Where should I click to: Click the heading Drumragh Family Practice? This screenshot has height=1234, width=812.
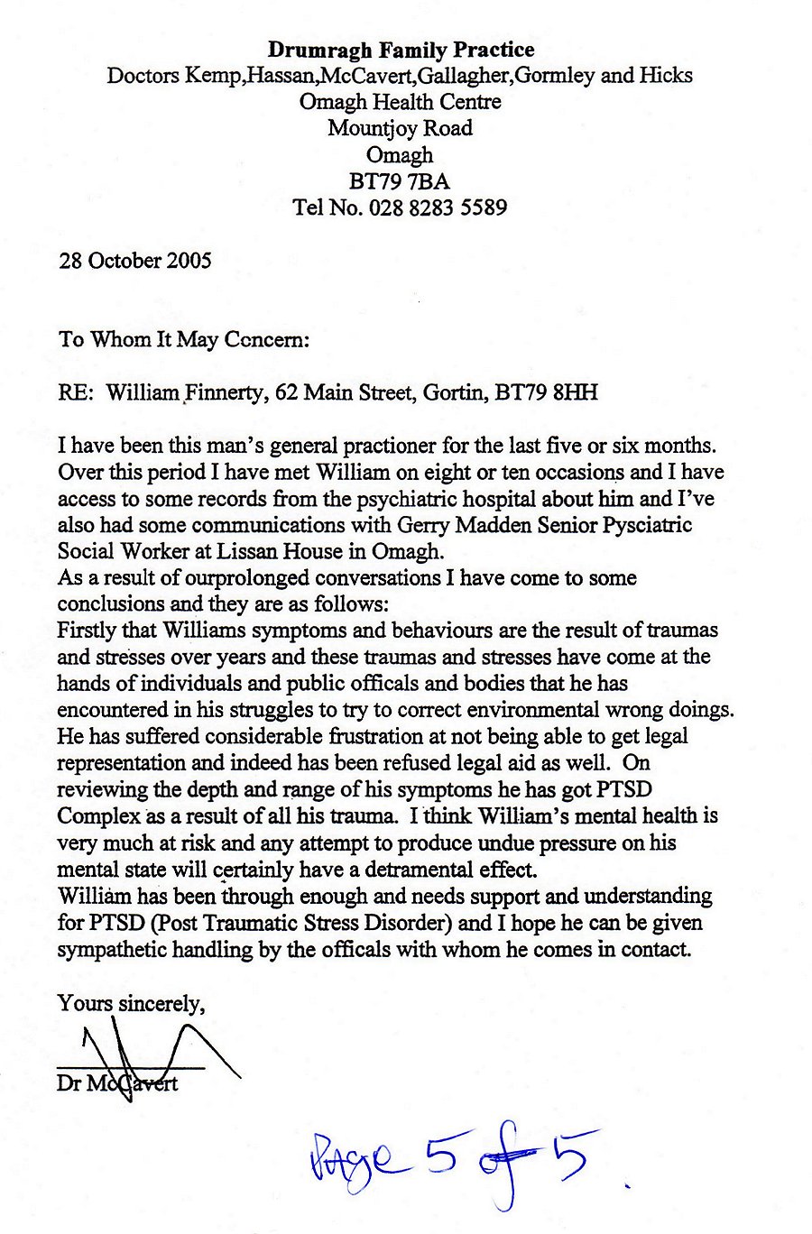(401, 50)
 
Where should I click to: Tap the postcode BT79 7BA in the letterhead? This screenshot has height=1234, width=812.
(399, 181)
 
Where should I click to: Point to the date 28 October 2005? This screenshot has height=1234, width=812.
(135, 261)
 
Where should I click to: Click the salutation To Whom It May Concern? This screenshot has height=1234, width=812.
(184, 339)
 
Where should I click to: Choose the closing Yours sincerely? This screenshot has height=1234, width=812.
(131, 1003)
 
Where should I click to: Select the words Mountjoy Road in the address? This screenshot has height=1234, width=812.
(400, 128)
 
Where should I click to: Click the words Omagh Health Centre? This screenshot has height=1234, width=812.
(400, 102)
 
